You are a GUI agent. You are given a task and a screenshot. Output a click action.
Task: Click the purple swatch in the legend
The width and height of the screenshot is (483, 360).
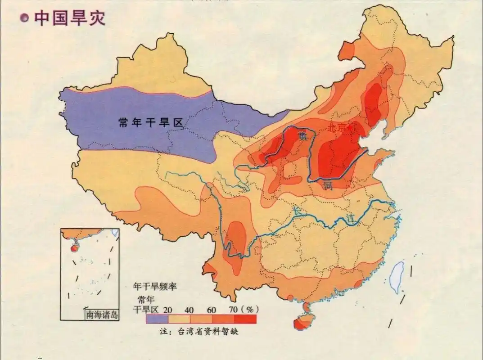(157, 319)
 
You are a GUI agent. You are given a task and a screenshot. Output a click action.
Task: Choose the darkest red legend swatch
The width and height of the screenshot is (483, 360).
(245, 319)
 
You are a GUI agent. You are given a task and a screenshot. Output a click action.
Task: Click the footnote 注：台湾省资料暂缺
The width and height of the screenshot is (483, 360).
(199, 332)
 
